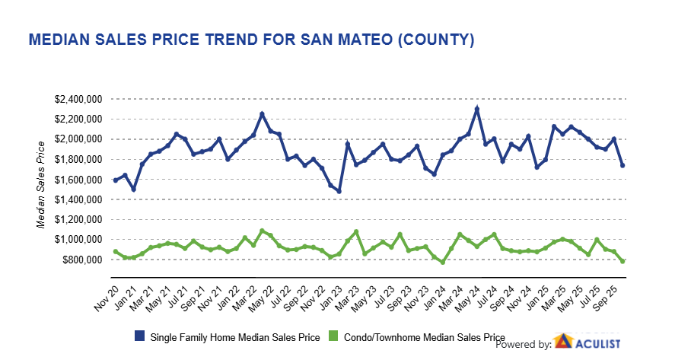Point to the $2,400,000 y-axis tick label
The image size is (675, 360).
point(79,99)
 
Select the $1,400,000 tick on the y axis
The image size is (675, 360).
point(79,199)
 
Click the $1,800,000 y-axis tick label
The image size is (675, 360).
point(79,159)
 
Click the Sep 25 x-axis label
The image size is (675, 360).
point(612,292)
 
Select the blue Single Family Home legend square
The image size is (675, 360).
point(141,336)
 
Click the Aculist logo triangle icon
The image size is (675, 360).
point(563,342)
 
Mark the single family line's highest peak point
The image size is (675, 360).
point(476,109)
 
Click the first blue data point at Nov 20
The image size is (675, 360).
point(115,180)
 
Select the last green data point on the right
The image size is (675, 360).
point(623,261)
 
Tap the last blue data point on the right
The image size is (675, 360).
point(623,165)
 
